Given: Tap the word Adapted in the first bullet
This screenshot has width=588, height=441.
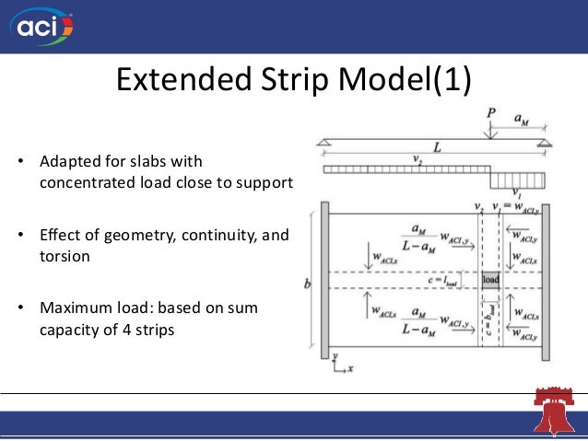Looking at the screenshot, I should [67, 162].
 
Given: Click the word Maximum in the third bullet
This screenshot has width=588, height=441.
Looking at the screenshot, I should [72, 306].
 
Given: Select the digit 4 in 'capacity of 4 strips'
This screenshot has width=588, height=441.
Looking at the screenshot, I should [123, 326].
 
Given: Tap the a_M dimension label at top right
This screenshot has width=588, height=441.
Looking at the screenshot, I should [522, 119].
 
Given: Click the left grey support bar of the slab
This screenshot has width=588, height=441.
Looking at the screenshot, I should [324, 281].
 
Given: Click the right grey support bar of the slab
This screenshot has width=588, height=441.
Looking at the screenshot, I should [546, 281].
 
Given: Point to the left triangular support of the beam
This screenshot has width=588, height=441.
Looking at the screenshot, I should [323, 141].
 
